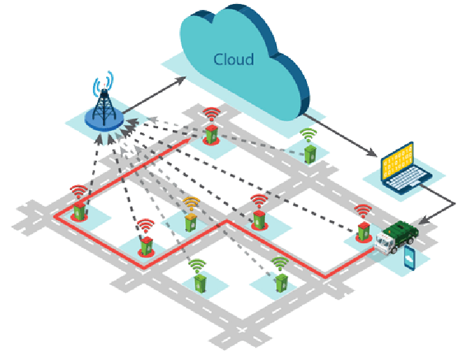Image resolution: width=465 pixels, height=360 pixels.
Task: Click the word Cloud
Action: coord(233,59)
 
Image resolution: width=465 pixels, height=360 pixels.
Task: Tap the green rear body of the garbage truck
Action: coord(405,234)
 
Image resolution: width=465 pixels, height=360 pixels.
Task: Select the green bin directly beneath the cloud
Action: coord(310,153)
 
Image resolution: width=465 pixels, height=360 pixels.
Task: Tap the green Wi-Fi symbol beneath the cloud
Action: coord(307,135)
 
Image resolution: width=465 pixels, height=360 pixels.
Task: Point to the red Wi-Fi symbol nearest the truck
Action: coord(363,211)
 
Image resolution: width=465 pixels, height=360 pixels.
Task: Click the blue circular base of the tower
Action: coord(104,122)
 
